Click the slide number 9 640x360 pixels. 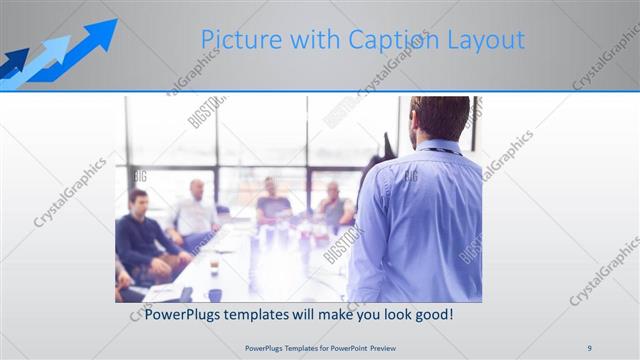coord(589,347)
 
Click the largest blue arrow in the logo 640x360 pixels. coord(96,39)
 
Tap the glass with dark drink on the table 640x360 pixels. coord(214,262)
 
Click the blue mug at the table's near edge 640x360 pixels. coord(215,295)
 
